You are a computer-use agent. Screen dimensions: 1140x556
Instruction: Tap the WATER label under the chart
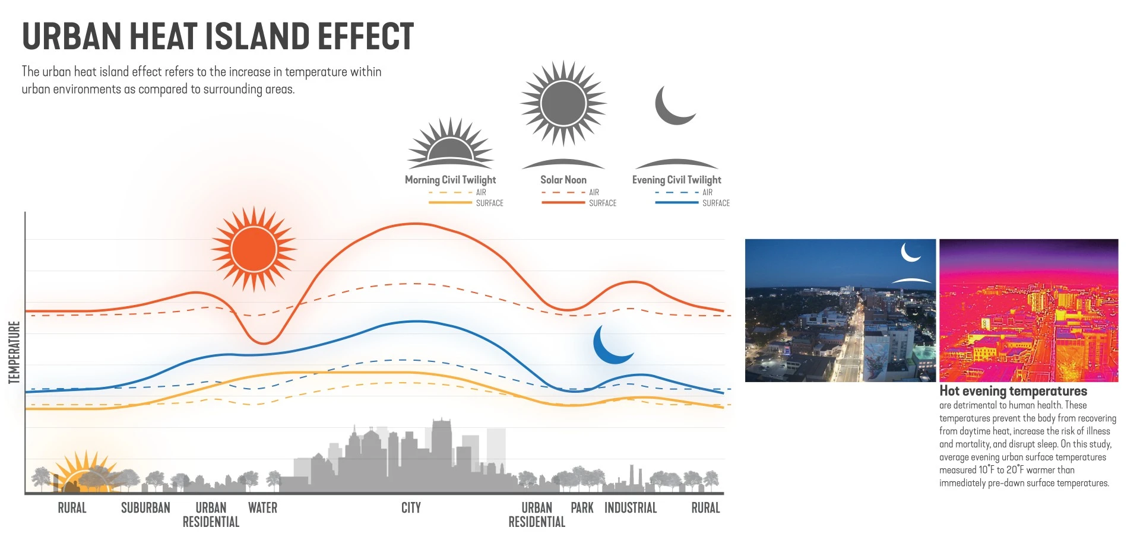(x=262, y=508)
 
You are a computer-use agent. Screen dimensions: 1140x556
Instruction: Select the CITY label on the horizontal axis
(x=411, y=508)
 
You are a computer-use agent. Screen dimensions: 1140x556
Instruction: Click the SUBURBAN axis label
(x=145, y=508)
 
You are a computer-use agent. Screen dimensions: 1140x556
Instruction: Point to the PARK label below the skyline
(x=582, y=508)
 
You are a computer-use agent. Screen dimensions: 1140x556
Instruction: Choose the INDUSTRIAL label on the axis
(x=631, y=508)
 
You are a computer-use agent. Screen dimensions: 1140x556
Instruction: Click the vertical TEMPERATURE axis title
(x=14, y=352)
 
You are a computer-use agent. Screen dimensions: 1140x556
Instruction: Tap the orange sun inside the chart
(x=254, y=249)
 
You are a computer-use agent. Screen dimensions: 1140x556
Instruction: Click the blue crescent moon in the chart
(x=612, y=345)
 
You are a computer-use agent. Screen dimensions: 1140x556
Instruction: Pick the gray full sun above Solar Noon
(x=563, y=103)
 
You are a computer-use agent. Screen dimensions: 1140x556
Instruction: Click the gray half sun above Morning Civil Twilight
(x=450, y=143)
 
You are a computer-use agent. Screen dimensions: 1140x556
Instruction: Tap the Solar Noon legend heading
(x=563, y=180)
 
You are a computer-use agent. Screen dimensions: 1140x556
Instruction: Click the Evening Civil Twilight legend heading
(x=677, y=180)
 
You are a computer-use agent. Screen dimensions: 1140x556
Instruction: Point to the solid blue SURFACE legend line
(x=677, y=203)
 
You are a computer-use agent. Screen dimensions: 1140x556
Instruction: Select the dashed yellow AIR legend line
(x=450, y=192)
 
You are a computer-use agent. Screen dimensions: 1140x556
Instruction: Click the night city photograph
(x=840, y=310)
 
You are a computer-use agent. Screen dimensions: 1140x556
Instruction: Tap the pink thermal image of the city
(x=1029, y=310)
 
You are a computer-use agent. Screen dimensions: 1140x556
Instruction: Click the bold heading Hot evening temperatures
(x=1013, y=391)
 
